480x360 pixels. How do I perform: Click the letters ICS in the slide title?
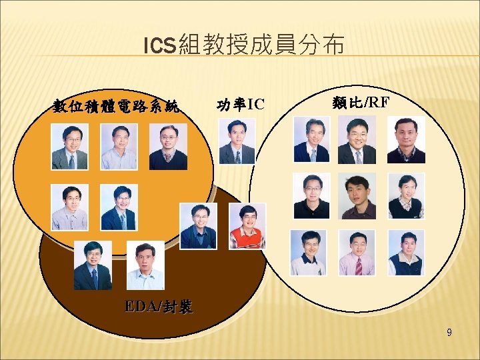pos(159,46)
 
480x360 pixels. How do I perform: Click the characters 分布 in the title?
pos(323,45)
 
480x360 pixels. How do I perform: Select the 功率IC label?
pos(241,104)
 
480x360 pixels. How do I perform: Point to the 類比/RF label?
pos(360,102)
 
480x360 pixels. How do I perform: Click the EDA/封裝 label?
pos(159,307)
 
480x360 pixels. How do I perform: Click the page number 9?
pos(449,331)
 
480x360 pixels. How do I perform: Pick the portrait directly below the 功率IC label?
pos(237,141)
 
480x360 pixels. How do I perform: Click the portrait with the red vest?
pos(247,226)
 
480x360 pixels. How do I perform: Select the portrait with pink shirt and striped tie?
pos(357,253)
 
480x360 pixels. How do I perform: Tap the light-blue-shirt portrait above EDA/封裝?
pos(145,265)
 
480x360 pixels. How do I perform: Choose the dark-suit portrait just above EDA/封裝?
pos(93,265)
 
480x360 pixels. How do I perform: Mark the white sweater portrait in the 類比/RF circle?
pos(308,253)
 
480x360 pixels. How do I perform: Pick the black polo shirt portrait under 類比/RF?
pos(311,196)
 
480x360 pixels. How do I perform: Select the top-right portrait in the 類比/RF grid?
pos(405,140)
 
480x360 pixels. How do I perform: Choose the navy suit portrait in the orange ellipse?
pos(119,207)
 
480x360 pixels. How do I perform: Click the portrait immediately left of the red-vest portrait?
pos(198,226)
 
